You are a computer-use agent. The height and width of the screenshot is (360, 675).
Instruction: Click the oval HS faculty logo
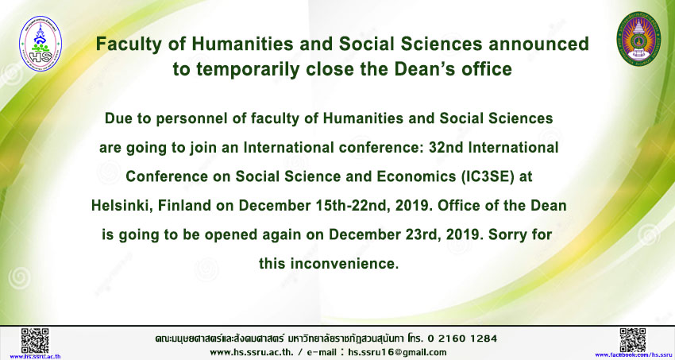[x=40, y=44]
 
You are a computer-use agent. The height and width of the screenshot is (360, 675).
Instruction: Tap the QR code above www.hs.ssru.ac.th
[x=35, y=340]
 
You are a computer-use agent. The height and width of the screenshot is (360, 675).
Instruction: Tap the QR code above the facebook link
[x=632, y=340]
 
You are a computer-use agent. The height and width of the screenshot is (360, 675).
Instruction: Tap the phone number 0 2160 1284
[x=464, y=339]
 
